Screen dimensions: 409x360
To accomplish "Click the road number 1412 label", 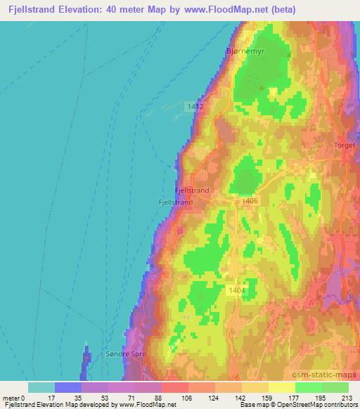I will click(x=195, y=105).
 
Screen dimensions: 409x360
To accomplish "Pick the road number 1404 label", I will click(x=236, y=290).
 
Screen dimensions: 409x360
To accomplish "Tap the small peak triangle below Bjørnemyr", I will click(x=263, y=89).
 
